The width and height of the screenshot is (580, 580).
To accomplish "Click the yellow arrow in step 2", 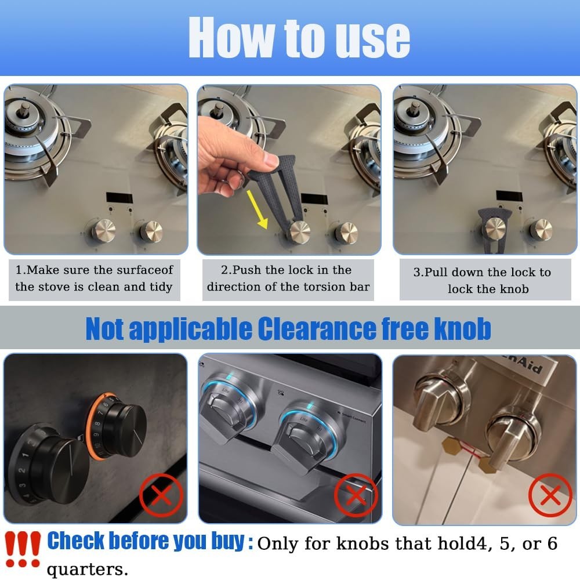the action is [258, 209].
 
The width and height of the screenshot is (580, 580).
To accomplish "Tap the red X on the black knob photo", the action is [161, 495].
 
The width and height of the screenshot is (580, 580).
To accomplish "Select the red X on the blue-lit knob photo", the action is [356, 495].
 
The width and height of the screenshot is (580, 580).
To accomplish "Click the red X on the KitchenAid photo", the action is [550, 495].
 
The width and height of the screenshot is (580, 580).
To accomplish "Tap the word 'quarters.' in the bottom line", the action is [88, 570].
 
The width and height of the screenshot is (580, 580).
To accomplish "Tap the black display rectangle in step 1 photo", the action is [119, 197].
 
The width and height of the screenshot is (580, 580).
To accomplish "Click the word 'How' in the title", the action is [231, 38].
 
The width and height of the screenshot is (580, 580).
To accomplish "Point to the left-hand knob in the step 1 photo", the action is [104, 230].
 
